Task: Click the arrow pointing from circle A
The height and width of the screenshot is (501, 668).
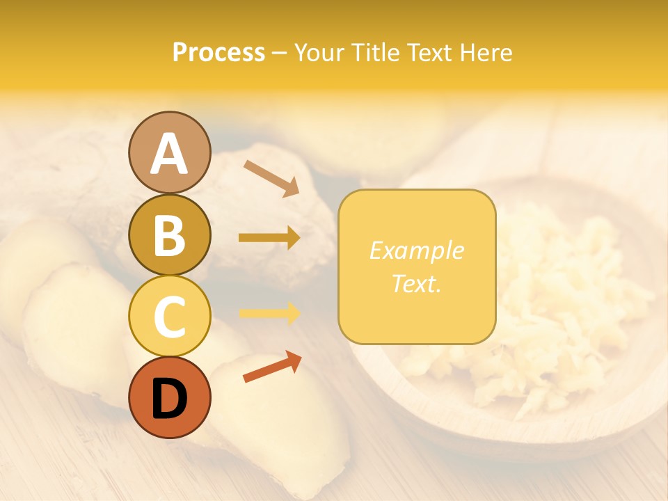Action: click(271, 178)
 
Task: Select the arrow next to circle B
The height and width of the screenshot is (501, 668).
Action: click(269, 238)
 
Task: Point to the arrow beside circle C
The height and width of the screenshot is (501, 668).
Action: click(269, 314)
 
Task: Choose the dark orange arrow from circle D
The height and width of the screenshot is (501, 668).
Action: click(272, 367)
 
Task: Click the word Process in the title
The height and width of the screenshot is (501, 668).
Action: click(218, 52)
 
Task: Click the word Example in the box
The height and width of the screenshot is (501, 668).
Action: click(416, 250)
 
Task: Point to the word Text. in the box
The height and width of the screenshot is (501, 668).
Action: click(416, 283)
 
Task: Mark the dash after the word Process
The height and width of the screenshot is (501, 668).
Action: click(279, 53)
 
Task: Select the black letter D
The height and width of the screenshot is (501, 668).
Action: click(169, 398)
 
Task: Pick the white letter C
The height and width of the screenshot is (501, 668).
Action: click(169, 317)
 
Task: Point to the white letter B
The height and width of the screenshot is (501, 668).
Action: click(169, 235)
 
